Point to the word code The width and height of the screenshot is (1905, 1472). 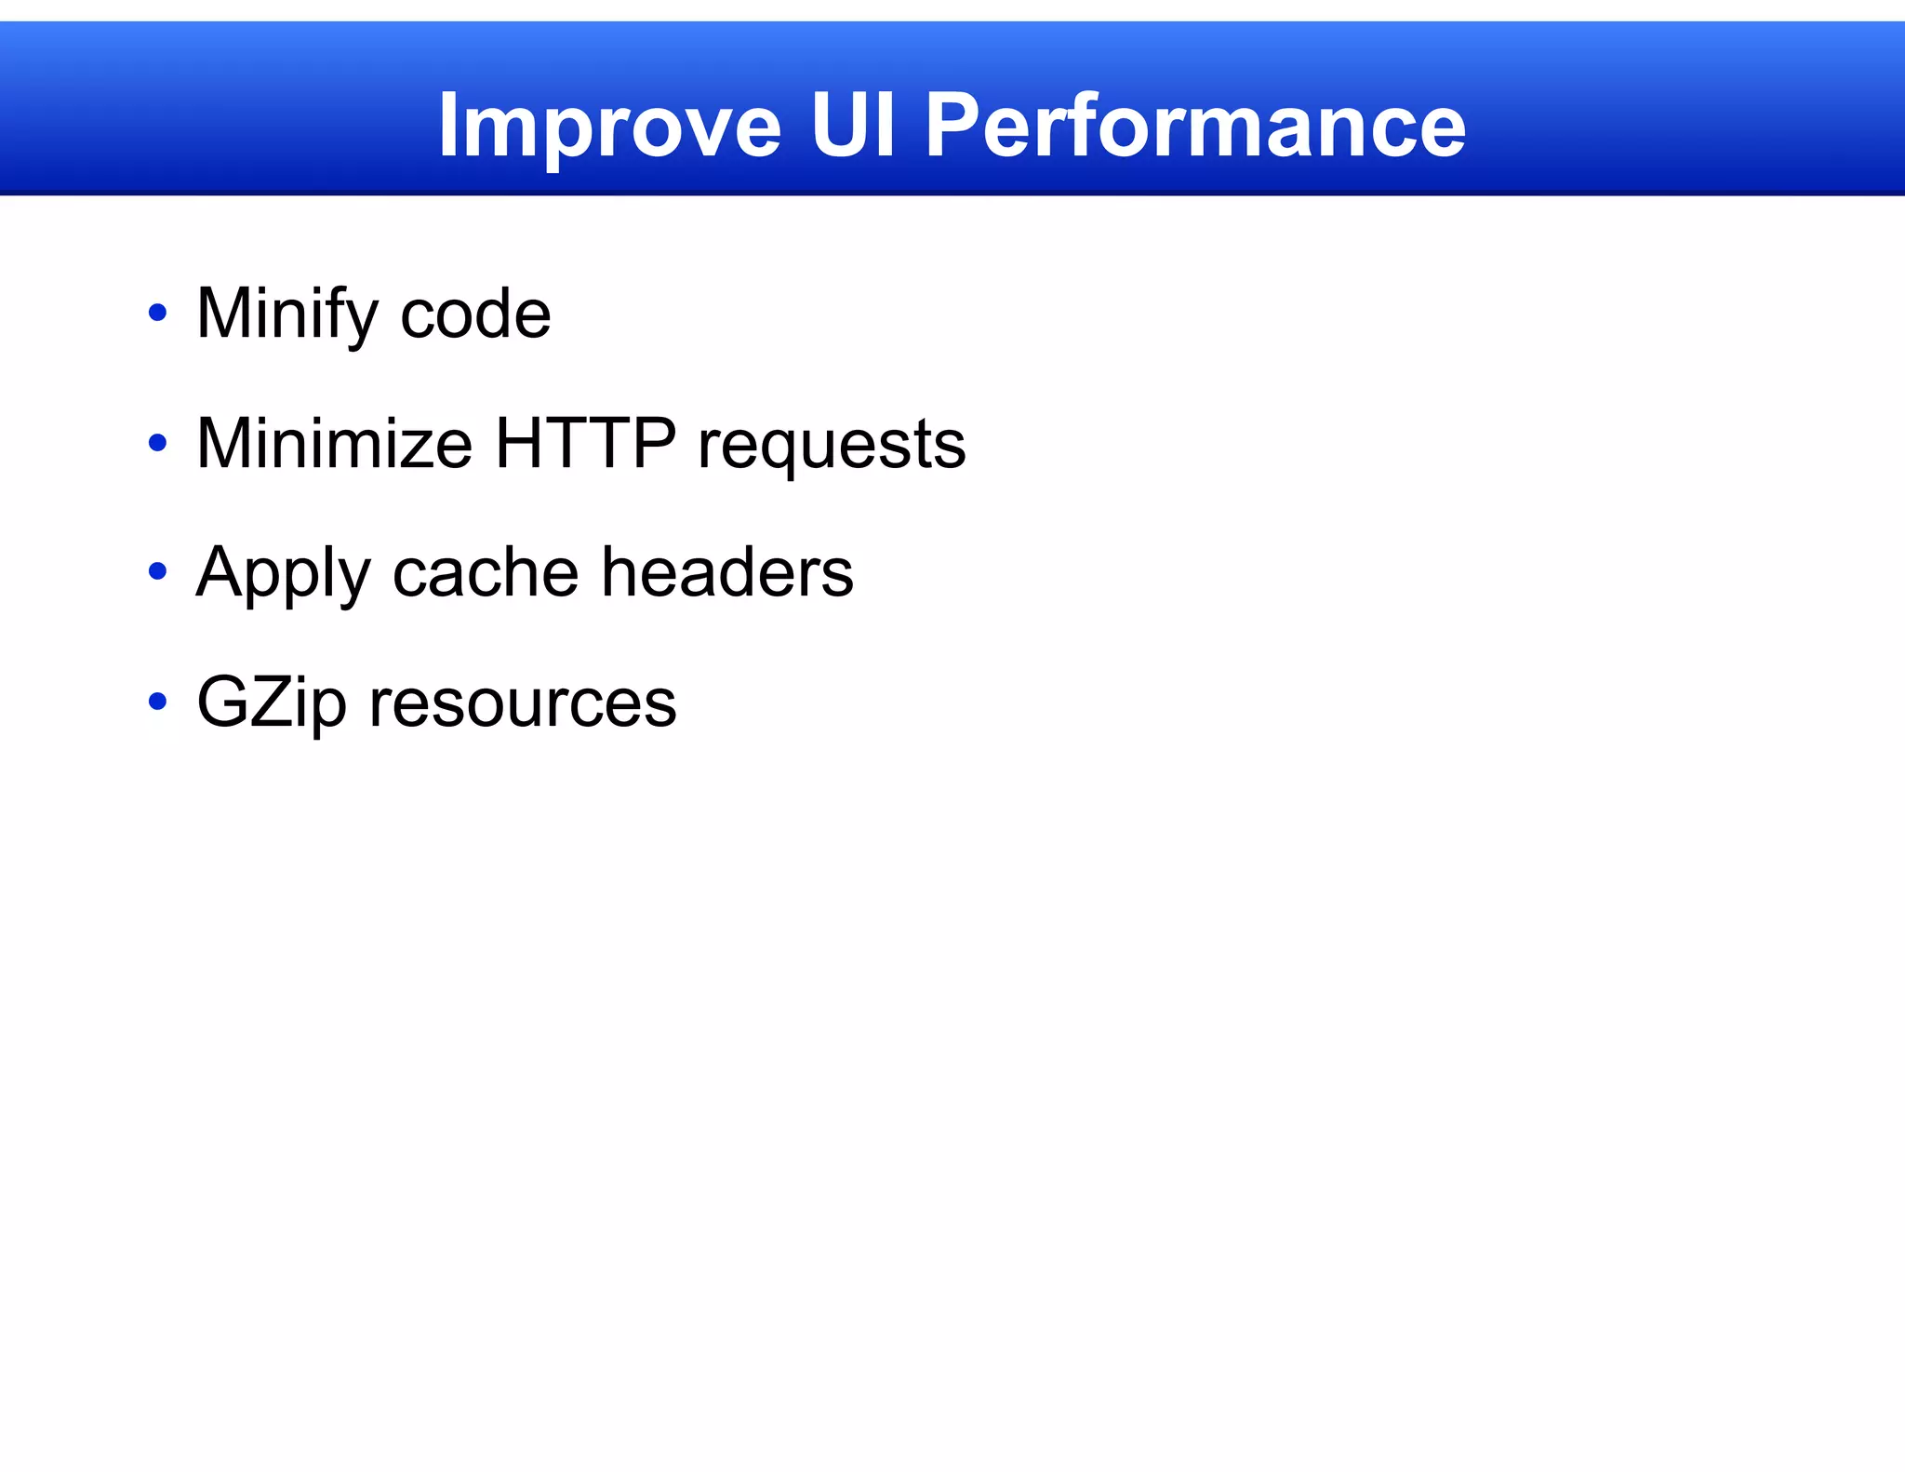[x=475, y=314]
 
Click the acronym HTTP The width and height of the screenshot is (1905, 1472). [x=585, y=444]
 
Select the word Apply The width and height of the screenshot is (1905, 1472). [x=284, y=573]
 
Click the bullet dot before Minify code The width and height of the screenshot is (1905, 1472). [x=158, y=313]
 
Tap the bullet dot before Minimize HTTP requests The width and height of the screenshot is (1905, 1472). [x=158, y=443]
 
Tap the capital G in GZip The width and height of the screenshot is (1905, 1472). [x=222, y=702]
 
